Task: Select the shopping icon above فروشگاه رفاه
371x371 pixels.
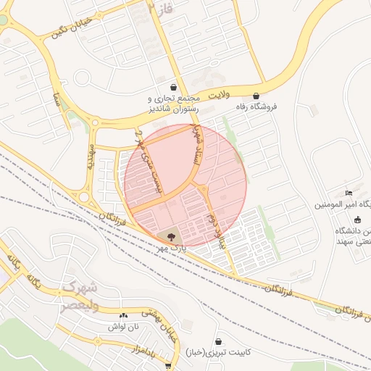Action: click(x=256, y=96)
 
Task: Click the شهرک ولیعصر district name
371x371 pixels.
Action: click(x=76, y=296)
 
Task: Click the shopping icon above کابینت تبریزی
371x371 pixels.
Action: click(x=218, y=341)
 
